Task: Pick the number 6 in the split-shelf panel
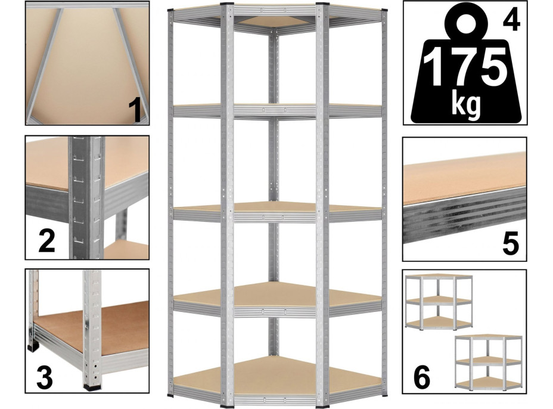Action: point(421,377)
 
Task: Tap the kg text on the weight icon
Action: point(465,105)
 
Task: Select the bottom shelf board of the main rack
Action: point(278,372)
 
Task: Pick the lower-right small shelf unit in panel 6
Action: point(489,362)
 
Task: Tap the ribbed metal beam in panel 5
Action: point(465,216)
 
